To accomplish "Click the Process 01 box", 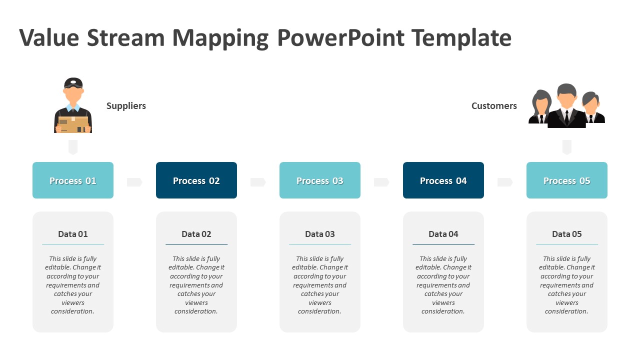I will [x=73, y=180].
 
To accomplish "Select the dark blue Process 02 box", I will [x=196, y=180].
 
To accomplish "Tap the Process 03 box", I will [x=320, y=180].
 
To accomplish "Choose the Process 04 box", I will [x=443, y=180].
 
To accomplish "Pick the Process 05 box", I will [x=567, y=180].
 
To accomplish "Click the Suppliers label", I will [x=126, y=106].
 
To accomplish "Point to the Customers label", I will [x=494, y=106].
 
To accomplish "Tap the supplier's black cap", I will [x=73, y=82].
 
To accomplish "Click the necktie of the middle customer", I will [x=566, y=116].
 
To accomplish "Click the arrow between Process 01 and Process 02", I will [x=134, y=182].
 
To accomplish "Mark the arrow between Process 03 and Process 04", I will [x=381, y=182].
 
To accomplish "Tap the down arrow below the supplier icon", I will [x=73, y=147].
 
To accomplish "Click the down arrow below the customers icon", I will [x=566, y=147].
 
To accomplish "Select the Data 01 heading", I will [x=73, y=234].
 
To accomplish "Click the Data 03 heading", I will [x=320, y=234].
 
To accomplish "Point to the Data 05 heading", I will [x=567, y=234].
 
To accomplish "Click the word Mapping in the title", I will [x=220, y=38].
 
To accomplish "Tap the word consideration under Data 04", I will [x=443, y=311].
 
